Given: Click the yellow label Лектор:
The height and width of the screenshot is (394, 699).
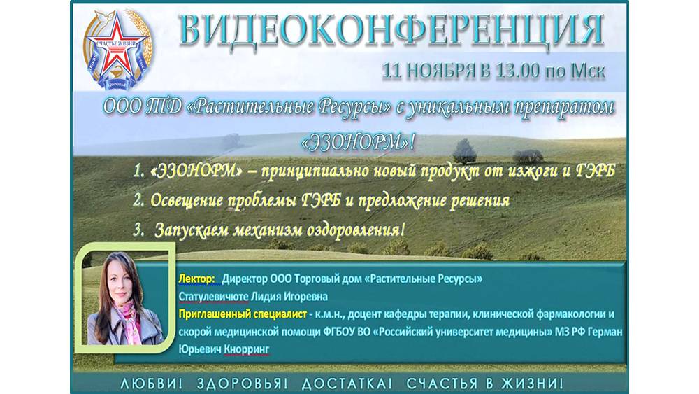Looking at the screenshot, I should click(197, 279).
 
